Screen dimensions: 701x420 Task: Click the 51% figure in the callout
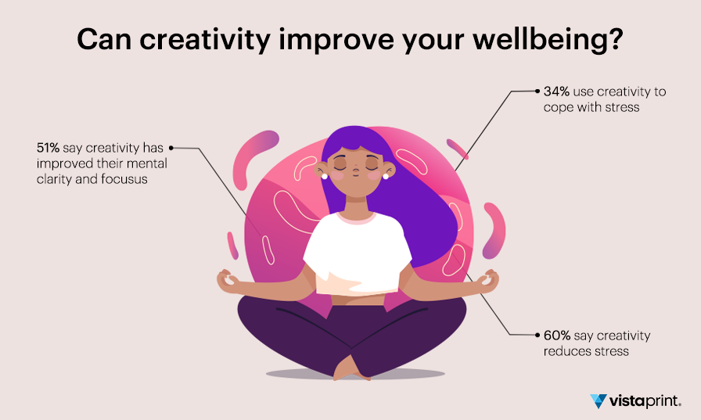click(48, 148)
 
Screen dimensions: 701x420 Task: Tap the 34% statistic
click(556, 92)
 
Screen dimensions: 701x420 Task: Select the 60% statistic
click(557, 335)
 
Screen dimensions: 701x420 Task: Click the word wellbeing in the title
click(547, 40)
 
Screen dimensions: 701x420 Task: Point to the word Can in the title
click(104, 40)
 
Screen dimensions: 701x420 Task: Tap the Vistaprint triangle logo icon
click(599, 400)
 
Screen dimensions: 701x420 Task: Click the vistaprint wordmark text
click(645, 400)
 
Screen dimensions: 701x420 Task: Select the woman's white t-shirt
click(357, 253)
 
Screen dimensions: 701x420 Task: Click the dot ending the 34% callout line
click(537, 92)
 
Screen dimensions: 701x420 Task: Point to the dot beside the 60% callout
click(537, 335)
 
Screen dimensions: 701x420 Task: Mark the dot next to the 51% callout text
click(171, 148)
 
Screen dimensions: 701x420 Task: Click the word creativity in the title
click(205, 40)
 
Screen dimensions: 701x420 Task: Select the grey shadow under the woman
click(355, 374)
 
